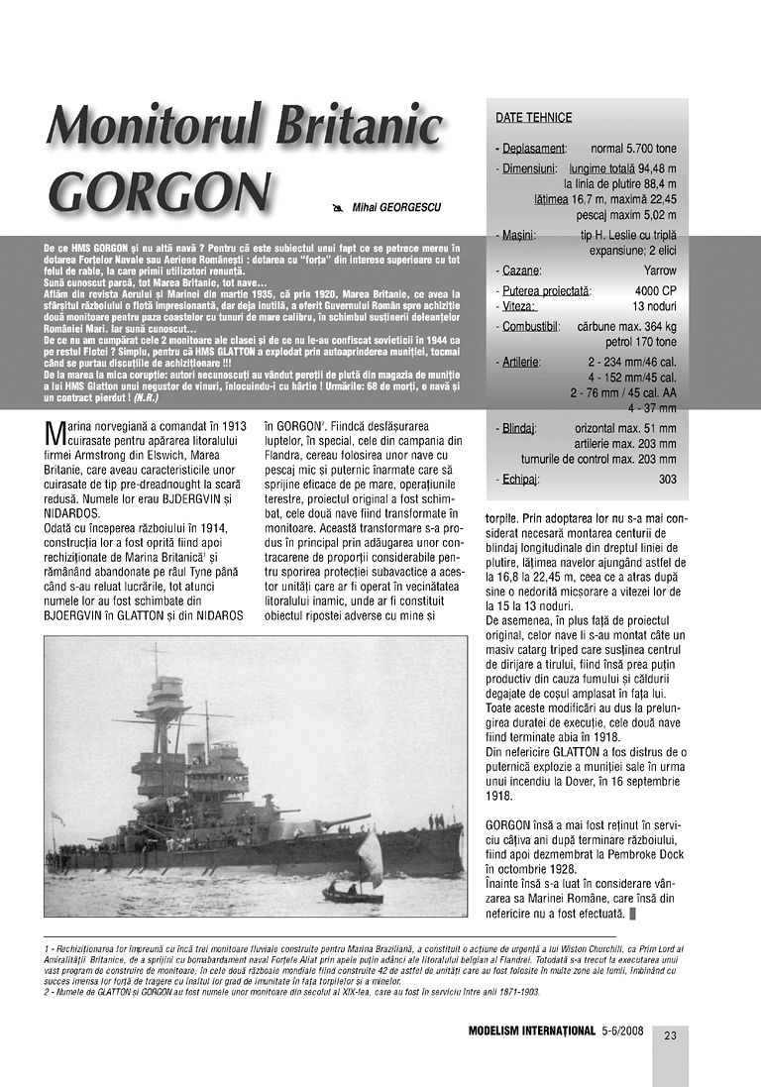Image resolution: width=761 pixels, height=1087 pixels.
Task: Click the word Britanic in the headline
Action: [351, 125]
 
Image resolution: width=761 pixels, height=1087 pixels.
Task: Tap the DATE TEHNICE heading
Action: [533, 118]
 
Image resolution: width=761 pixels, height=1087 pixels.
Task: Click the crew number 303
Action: [667, 480]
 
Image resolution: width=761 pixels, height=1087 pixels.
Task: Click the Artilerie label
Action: [522, 361]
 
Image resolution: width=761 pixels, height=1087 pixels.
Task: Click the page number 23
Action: [670, 1036]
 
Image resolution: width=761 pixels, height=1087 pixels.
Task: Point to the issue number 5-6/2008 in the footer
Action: [621, 1031]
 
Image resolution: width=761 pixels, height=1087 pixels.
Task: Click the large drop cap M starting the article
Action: [54, 433]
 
